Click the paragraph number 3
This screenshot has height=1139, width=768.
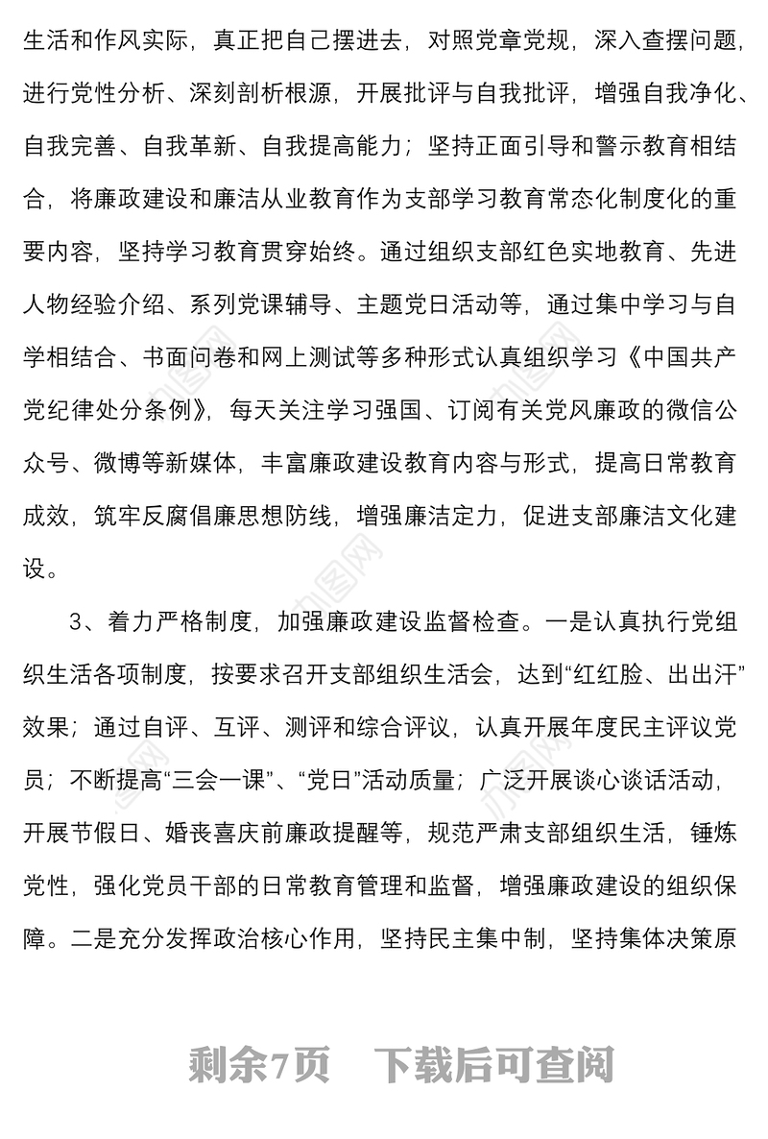click(77, 620)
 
